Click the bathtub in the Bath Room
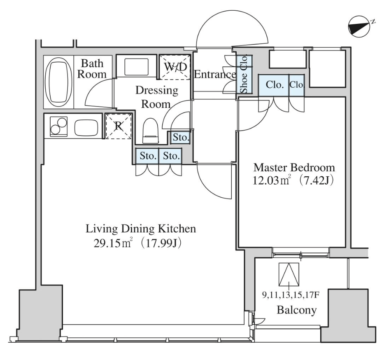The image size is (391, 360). (x=58, y=82)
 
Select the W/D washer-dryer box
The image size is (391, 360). (x=175, y=67)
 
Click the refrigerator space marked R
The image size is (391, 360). (x=119, y=126)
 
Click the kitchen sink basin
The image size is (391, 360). (x=87, y=128)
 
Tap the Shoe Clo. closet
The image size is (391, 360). (x=244, y=74)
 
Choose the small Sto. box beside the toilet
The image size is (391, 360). (x=180, y=137)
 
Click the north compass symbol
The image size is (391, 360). (x=359, y=27)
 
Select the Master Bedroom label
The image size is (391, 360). (x=294, y=167)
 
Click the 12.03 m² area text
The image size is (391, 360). (x=271, y=180)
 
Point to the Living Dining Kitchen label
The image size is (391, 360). (x=141, y=229)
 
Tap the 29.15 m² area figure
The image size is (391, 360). (x=112, y=243)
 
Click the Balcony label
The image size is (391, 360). (x=297, y=310)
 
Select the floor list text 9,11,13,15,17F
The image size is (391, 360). (x=291, y=295)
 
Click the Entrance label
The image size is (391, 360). (x=215, y=74)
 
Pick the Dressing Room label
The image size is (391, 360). (x=156, y=97)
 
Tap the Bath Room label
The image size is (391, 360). (x=92, y=69)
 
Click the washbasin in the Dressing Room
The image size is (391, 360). (x=136, y=66)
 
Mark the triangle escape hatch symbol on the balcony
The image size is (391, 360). (x=289, y=274)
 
